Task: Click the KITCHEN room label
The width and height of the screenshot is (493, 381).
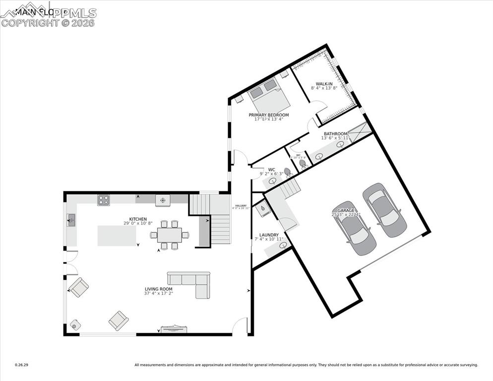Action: click(138, 219)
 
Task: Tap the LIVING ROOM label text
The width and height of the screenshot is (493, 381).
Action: click(158, 289)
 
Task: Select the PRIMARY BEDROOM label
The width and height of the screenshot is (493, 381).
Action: click(268, 115)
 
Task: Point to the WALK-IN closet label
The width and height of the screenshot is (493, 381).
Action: click(324, 84)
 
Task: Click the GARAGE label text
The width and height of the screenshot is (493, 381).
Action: click(346, 210)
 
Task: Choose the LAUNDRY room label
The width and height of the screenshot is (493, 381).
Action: click(269, 235)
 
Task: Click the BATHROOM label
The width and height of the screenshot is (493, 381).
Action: click(336, 133)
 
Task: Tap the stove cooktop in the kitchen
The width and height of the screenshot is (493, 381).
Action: click(104, 200)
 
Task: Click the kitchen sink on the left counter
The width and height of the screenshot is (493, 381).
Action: click(71, 219)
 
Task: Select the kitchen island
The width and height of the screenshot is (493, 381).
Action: click(117, 236)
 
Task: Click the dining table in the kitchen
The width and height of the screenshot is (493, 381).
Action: click(169, 235)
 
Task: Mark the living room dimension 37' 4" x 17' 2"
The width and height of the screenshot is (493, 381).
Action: click(158, 293)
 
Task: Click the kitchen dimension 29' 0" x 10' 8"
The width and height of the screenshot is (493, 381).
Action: click(138, 223)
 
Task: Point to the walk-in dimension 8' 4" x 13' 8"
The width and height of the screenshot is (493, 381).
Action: click(324, 88)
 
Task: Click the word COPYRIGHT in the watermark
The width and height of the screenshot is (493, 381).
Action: click(29, 23)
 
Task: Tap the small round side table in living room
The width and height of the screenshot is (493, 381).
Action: click(75, 325)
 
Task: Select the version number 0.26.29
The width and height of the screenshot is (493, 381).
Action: click(22, 365)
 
